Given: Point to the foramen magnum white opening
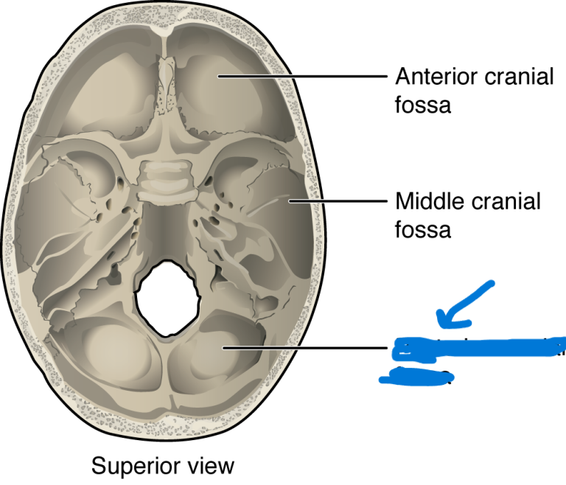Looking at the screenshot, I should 168,299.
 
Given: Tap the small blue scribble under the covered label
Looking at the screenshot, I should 413,377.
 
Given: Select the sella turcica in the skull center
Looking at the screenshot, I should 169,180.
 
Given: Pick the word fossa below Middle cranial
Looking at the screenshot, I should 423,229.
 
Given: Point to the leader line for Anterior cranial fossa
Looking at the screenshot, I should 302,76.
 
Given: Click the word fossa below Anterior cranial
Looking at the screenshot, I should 423,105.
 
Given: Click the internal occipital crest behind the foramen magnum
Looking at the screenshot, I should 169,361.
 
